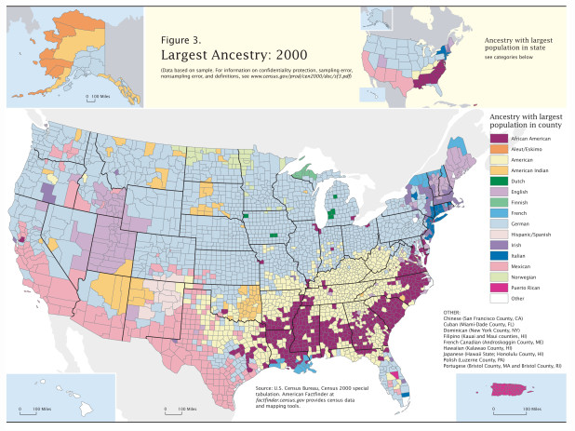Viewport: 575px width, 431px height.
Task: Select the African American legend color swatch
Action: [x=497, y=137]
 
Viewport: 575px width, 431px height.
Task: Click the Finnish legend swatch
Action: [x=497, y=211]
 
